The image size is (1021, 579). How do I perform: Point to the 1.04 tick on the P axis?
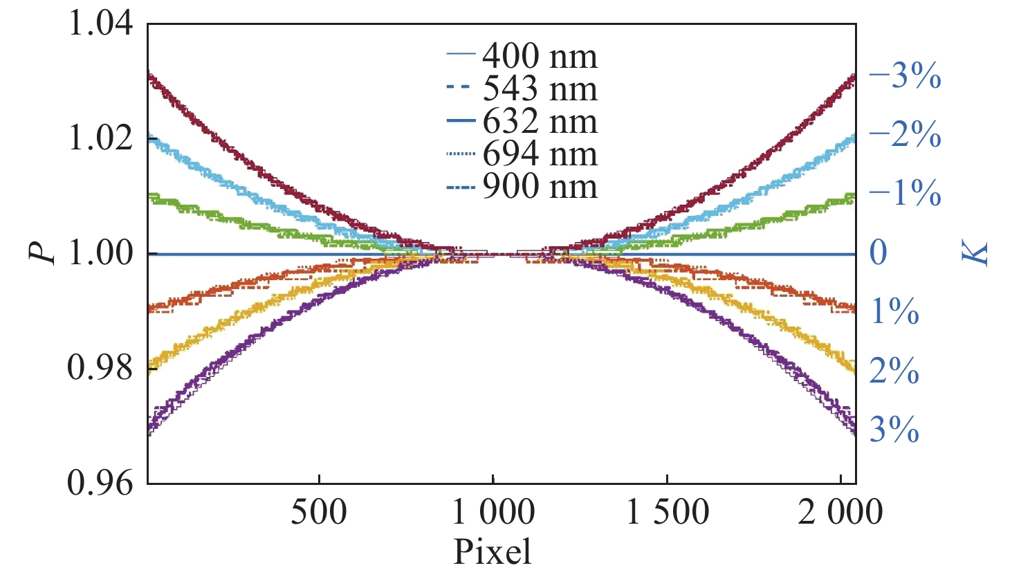pyautogui.click(x=100, y=24)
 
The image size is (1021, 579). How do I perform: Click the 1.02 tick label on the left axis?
pyautogui.click(x=100, y=138)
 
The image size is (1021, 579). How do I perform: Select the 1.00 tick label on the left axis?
pyautogui.click(x=100, y=253)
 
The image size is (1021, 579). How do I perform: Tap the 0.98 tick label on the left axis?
pyautogui.click(x=100, y=367)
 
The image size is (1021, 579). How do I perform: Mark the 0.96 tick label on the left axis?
pyautogui.click(x=100, y=482)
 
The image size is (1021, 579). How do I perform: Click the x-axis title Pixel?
pyautogui.click(x=493, y=552)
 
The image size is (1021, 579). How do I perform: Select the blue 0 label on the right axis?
pyautogui.click(x=879, y=253)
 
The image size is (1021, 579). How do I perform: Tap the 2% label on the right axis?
pyautogui.click(x=894, y=372)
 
